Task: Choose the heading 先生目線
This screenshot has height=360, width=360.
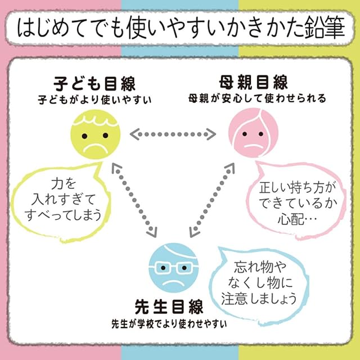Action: click(x=168, y=308)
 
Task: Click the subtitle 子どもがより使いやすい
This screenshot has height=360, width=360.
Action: click(x=95, y=99)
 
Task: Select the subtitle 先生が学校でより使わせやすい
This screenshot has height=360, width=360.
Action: click(x=169, y=325)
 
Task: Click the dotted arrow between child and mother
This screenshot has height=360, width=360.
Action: click(x=173, y=134)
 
